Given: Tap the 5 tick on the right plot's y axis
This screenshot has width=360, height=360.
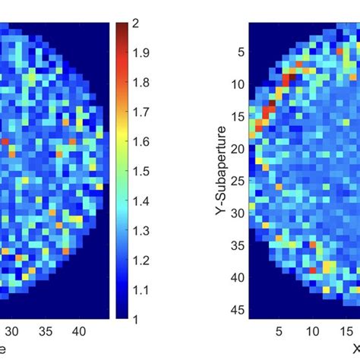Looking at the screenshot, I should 239,52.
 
